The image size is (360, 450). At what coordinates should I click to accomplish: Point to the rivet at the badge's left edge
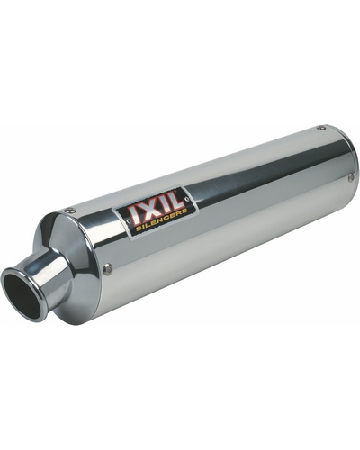129,221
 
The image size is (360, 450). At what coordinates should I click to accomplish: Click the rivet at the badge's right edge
188,199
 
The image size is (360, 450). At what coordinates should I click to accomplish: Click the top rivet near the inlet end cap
70,211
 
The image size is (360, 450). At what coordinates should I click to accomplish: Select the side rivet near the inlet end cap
107,269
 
